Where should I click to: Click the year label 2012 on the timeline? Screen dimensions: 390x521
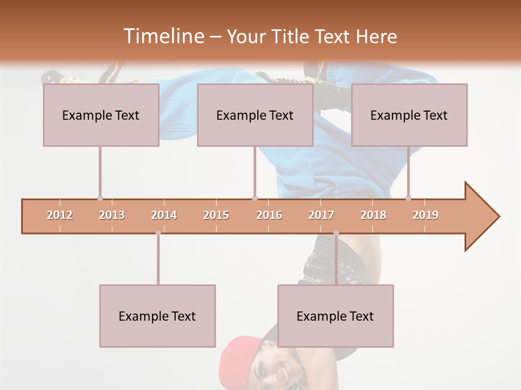pos(60,215)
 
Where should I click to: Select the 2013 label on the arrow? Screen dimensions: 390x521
pos(112,215)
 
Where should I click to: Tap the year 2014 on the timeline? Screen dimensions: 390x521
pos(164,215)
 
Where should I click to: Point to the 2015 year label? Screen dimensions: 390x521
pos(216,215)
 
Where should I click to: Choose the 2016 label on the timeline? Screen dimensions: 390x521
pos(269,215)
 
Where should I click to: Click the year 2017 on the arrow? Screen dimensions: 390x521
pos(321,215)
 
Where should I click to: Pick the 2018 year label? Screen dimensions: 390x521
pos(373,215)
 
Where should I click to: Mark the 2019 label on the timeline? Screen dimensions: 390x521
pos(425,215)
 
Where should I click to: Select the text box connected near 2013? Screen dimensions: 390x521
pos(101,115)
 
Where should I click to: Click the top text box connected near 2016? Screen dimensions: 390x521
pos(255,115)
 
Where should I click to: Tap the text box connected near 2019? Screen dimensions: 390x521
pos(409,115)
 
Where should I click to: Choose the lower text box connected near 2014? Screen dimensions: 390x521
pos(157,316)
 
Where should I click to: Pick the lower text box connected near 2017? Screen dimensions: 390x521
pos(335,316)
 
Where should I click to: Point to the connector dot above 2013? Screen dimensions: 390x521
pos(100,198)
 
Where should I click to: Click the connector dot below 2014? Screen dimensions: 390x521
pos(158,233)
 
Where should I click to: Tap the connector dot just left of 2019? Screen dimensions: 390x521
pos(408,198)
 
